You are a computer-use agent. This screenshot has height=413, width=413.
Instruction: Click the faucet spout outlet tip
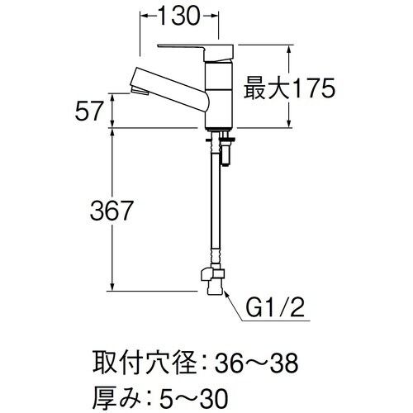click(136, 85)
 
